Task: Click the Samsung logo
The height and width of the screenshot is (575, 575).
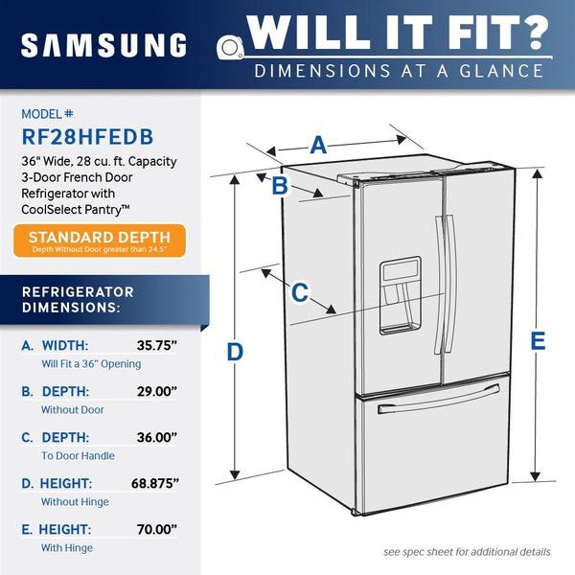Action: (x=104, y=45)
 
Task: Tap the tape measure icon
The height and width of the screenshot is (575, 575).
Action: (x=230, y=48)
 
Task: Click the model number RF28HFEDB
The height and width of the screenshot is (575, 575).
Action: (x=87, y=137)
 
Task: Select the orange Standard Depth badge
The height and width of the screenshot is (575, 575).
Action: (x=100, y=241)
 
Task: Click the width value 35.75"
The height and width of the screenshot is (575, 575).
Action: (x=157, y=345)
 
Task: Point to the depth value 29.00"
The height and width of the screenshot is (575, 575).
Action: (x=157, y=391)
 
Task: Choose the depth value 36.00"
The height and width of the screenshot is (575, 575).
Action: (x=157, y=437)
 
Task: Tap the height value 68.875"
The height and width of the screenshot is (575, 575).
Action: (x=155, y=483)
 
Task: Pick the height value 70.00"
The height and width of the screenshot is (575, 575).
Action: (x=157, y=529)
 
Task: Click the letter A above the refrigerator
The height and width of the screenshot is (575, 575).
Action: (x=318, y=146)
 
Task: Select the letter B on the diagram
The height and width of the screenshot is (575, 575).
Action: (x=280, y=186)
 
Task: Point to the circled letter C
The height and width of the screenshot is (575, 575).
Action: (x=300, y=292)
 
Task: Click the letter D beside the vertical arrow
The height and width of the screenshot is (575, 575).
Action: (x=235, y=352)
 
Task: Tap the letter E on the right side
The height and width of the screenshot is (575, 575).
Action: (x=538, y=340)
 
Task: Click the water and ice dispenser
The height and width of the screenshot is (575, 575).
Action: (x=400, y=295)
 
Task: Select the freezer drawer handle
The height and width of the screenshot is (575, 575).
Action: (x=439, y=399)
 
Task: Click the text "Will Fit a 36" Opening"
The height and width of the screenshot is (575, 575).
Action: (x=91, y=364)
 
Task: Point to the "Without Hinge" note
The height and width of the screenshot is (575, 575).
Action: (x=75, y=501)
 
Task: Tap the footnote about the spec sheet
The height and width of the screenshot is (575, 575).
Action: (x=467, y=552)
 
